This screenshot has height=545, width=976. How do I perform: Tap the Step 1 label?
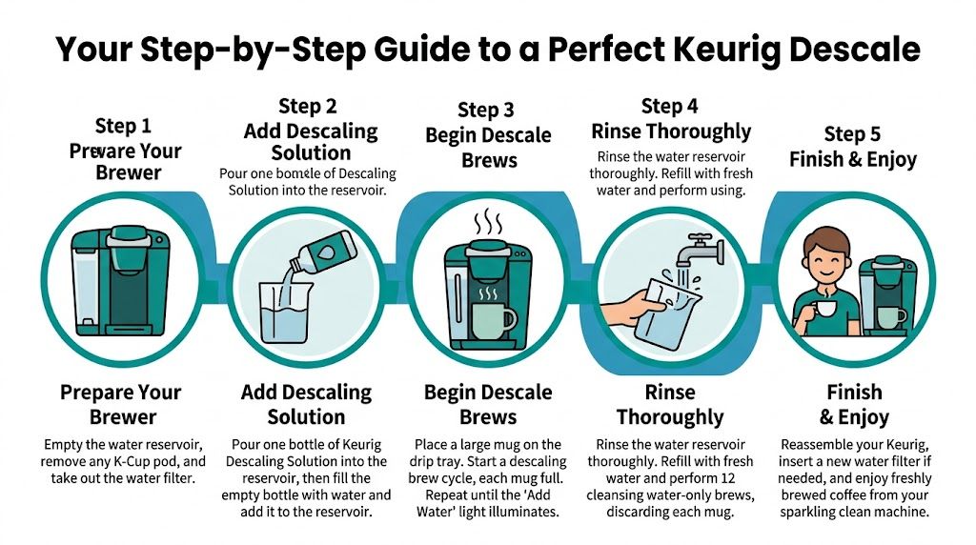click(123, 126)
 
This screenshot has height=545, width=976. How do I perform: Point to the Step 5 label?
click(852, 133)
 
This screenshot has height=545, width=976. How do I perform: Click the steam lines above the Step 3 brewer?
click(488, 225)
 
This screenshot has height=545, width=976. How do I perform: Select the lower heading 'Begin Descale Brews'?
click(488, 404)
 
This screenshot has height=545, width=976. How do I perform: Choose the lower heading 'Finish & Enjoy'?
click(853, 404)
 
